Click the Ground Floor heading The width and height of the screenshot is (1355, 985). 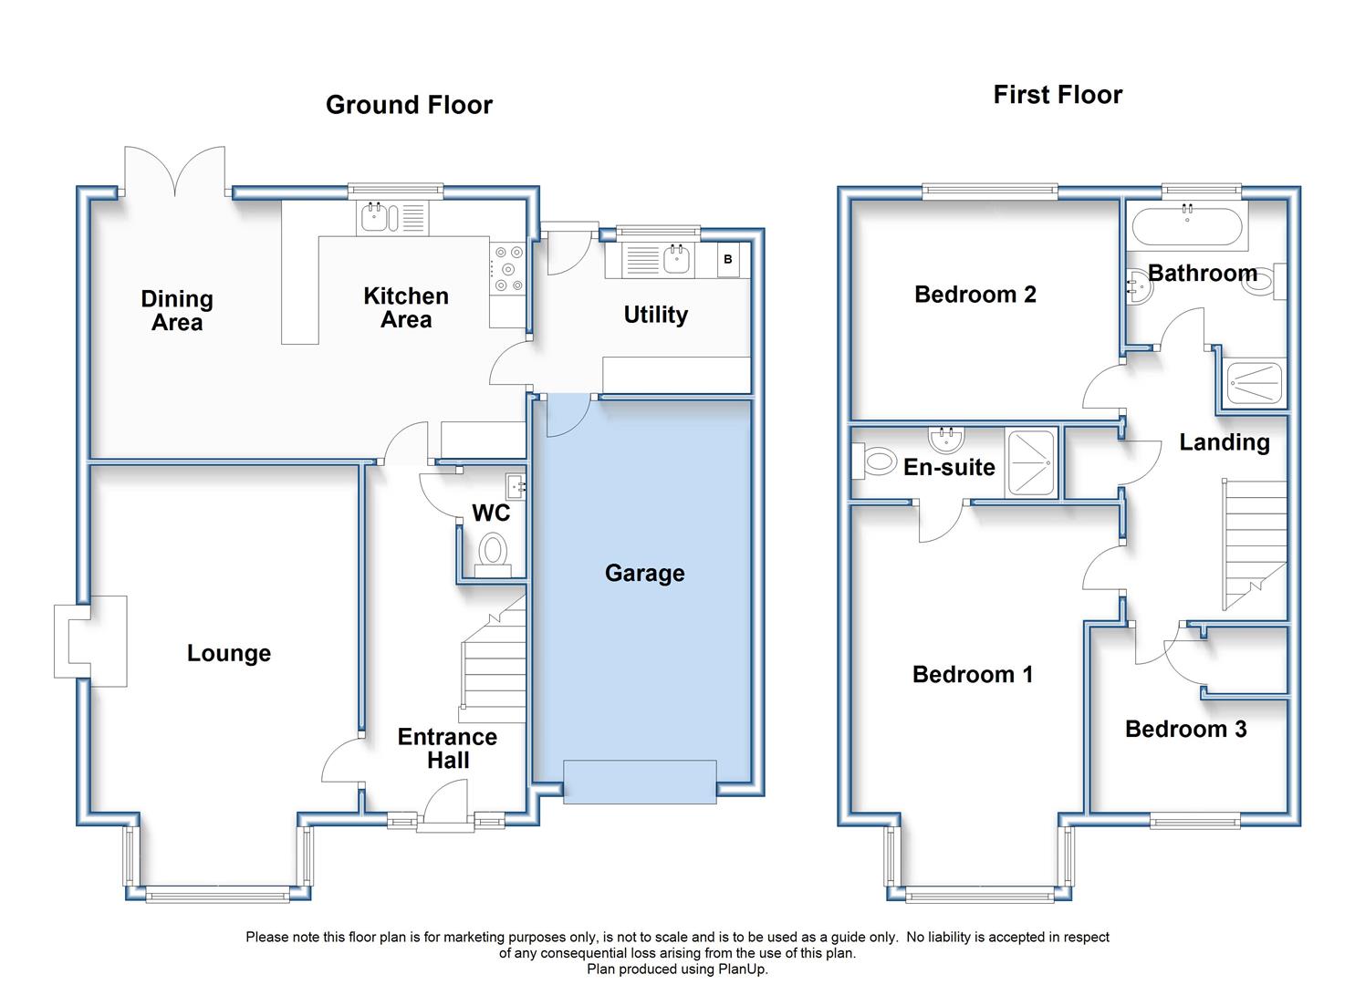[x=409, y=105]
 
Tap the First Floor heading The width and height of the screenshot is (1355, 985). [x=1058, y=95]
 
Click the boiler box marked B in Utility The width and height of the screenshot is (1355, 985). [x=728, y=259]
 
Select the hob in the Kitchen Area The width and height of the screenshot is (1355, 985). [x=507, y=268]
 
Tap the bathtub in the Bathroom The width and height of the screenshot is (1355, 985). [x=1186, y=226]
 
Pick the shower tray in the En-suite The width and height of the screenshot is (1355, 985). [x=1031, y=462]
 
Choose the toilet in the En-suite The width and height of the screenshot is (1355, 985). [x=873, y=462]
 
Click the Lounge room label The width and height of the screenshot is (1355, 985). [x=229, y=653]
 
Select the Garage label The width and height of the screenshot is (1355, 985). [x=645, y=574]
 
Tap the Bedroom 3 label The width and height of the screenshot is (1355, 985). [x=1185, y=729]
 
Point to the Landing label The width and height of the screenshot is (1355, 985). [x=1225, y=442]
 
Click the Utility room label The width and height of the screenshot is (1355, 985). [x=656, y=315]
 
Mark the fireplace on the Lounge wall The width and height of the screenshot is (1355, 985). [x=90, y=641]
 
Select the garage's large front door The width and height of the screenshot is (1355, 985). [x=640, y=782]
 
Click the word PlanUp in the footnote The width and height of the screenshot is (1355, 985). [x=743, y=969]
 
